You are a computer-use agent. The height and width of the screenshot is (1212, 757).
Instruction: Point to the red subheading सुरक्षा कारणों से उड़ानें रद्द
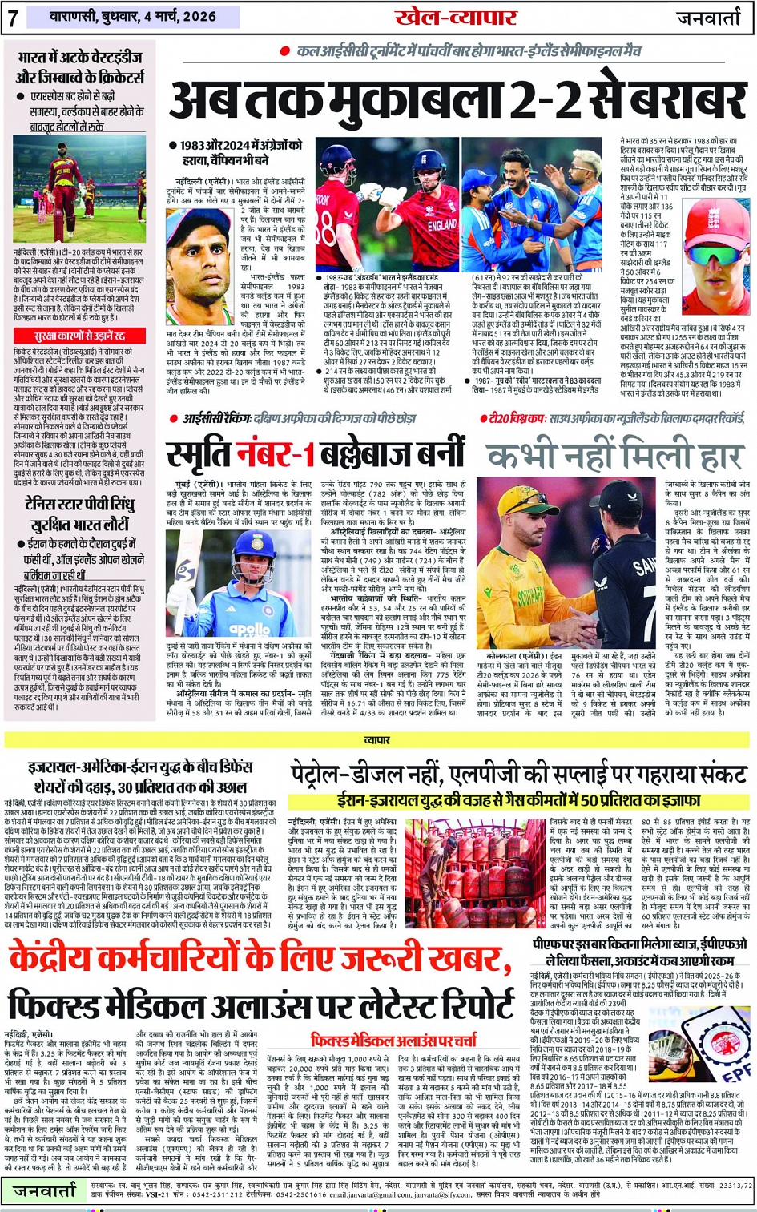79,336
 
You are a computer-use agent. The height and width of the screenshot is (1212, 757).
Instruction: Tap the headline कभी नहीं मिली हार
614,456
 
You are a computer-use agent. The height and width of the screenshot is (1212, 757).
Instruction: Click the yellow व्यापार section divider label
377,740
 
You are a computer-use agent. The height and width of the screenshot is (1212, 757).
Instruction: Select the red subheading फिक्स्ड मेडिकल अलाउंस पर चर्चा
394,1040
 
